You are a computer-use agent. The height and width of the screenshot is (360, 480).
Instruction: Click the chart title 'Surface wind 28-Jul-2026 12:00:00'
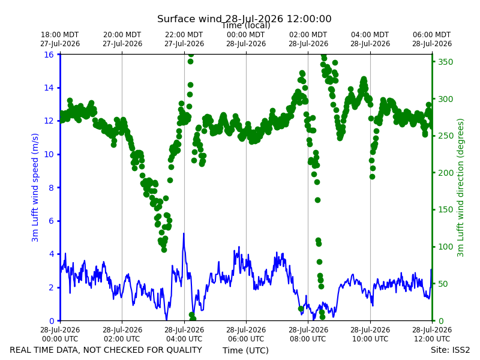click(x=244, y=19)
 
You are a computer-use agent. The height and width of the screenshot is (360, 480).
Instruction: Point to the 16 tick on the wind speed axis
click(x=49, y=55)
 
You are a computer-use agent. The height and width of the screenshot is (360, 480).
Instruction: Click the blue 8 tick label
click(x=51, y=188)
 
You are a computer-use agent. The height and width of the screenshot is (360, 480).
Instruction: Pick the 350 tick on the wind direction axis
click(x=445, y=62)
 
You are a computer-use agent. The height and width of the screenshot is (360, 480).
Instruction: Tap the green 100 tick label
click(x=445, y=247)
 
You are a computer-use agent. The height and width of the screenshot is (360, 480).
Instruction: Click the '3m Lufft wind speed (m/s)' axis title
click(x=35, y=187)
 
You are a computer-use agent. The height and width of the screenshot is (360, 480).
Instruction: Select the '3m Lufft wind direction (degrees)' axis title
click(x=460, y=187)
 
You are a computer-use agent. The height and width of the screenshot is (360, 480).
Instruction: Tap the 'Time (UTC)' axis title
click(x=245, y=350)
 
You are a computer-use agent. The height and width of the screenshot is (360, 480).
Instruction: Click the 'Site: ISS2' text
click(x=450, y=350)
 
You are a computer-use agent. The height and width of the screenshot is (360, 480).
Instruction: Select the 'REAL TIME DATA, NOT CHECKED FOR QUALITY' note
click(x=106, y=350)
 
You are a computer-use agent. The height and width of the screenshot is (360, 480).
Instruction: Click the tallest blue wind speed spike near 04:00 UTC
click(x=184, y=234)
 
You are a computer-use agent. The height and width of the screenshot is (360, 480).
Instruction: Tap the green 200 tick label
click(x=445, y=173)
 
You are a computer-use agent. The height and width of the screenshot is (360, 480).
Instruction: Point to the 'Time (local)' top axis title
click(x=246, y=25)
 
